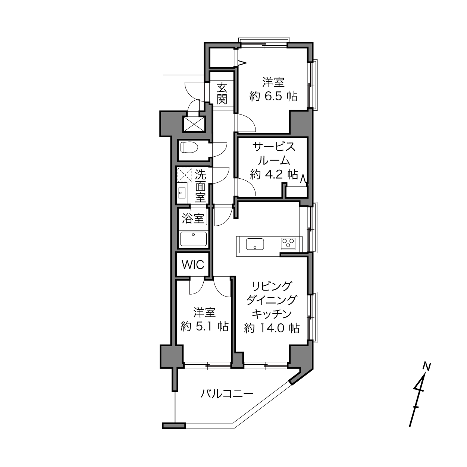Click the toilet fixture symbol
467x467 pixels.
(189, 147)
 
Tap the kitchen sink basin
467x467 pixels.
(255, 244)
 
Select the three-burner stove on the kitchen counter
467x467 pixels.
(288, 244)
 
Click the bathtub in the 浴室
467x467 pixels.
(193, 239)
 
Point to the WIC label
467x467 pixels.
(193, 265)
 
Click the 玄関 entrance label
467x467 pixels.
(222, 93)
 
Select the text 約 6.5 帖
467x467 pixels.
(273, 97)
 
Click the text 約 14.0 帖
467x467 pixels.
(272, 328)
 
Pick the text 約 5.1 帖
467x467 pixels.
(204, 327)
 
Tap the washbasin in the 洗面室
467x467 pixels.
(182, 193)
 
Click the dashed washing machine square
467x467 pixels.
(185, 175)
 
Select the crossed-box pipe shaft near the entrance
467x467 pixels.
(194, 124)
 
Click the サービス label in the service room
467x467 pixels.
(274, 147)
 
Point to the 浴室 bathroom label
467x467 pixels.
(193, 219)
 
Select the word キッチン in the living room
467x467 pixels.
(272, 314)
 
